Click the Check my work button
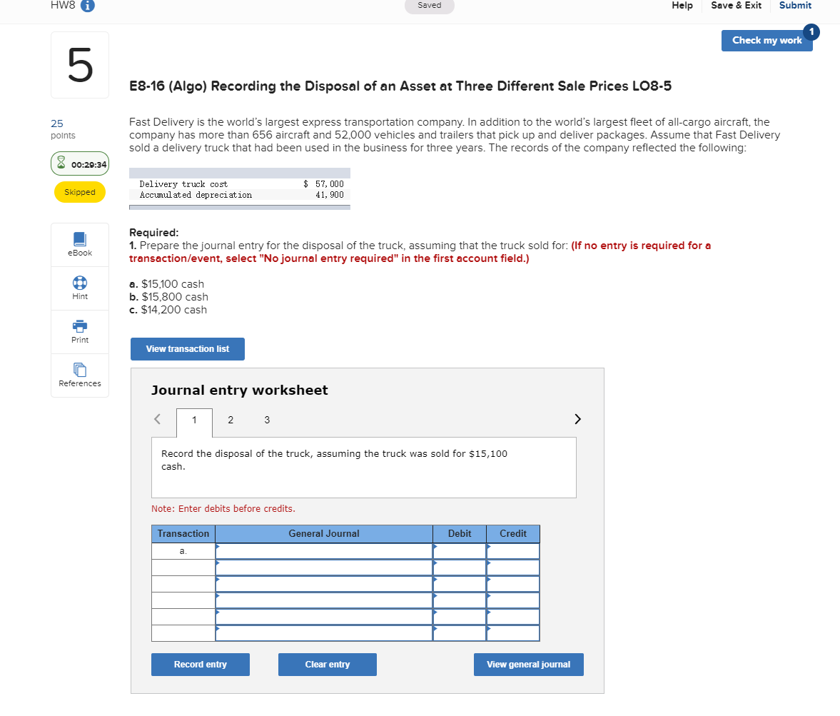click(x=766, y=41)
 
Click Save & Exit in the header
click(x=736, y=6)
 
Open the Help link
click(x=682, y=6)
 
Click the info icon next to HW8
click(x=88, y=6)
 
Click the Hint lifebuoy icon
click(x=80, y=282)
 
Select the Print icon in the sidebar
click(x=80, y=326)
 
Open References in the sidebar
click(x=80, y=370)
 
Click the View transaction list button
click(x=188, y=349)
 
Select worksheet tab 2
click(x=231, y=420)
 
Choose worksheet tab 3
click(x=267, y=420)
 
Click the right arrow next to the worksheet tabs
click(x=578, y=418)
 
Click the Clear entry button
click(x=327, y=665)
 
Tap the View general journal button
click(x=528, y=665)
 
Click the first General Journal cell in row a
click(x=324, y=552)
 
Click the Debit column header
click(x=460, y=534)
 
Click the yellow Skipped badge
click(x=80, y=192)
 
